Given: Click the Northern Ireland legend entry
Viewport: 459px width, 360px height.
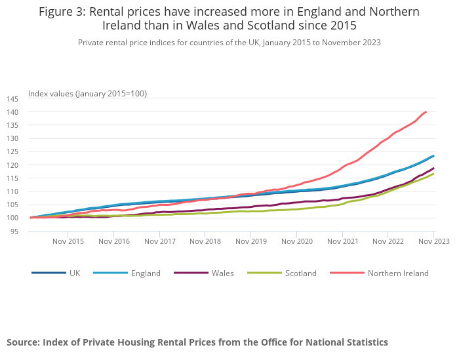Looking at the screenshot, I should click(398, 273).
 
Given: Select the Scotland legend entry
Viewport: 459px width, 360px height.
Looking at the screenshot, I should click(301, 273).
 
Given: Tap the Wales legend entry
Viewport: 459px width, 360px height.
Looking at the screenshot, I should click(223, 273).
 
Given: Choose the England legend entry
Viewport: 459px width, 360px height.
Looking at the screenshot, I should click(146, 273).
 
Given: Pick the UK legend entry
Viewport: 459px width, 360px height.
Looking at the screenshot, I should click(75, 273).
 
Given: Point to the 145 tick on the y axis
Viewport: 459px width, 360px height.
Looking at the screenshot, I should click(12, 99).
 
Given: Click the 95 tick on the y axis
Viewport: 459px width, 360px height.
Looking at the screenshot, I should click(14, 231).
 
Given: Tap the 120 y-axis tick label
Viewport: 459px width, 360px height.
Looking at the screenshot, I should click(12, 165).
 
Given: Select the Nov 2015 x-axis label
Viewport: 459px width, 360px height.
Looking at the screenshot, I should click(68, 241).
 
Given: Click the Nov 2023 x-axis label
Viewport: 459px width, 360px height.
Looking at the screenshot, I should click(434, 241).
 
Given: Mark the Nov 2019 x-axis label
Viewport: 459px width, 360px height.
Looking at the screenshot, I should click(251, 241).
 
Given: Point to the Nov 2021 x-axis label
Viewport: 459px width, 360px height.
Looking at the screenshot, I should click(342, 241).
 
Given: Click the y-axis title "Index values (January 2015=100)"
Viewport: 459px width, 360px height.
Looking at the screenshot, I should click(87, 93).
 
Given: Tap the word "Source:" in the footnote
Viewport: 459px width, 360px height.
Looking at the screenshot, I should click(23, 342).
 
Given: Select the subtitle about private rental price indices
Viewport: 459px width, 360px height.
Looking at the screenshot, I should click(229, 43).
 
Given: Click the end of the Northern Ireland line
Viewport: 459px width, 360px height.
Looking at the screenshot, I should click(426, 111).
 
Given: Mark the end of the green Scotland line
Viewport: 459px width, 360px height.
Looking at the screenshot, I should click(433, 174).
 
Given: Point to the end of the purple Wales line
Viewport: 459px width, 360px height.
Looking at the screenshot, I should click(433, 169).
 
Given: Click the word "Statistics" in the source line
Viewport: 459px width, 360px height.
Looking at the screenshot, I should click(364, 342).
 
